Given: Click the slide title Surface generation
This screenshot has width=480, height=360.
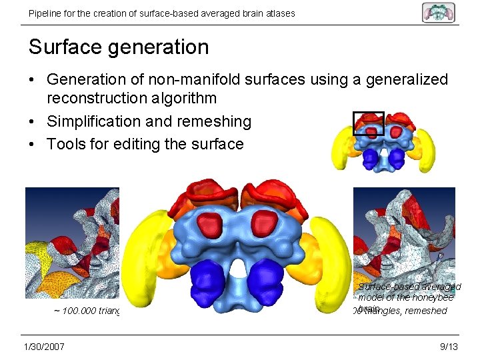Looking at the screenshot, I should point(119,47).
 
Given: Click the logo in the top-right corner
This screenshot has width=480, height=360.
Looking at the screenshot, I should point(438,12).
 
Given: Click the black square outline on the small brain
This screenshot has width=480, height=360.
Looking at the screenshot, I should point(369,123).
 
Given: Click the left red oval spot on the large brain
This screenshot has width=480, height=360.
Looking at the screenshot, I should point(211,222).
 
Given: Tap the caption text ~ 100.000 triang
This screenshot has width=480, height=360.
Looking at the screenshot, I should point(87,311).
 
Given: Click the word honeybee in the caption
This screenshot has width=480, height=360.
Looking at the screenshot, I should point(433,298).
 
